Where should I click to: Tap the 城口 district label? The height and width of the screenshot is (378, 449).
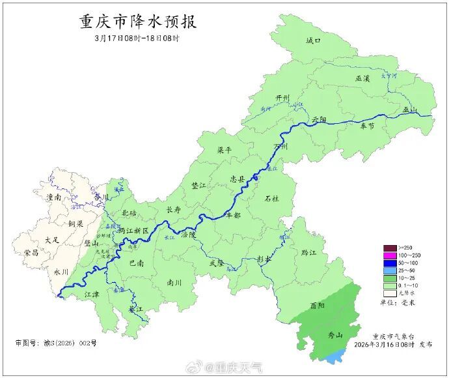coord(314,40)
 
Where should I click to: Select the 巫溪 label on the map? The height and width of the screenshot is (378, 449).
coord(362,78)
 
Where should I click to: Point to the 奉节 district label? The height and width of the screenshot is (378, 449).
coord(367,126)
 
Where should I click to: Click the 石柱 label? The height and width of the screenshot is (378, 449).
coord(272,198)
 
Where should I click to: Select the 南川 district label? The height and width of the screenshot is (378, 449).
coord(174,283)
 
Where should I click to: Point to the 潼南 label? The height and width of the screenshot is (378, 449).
coord(49,196)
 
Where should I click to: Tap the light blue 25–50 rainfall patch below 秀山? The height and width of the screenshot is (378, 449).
coord(334,357)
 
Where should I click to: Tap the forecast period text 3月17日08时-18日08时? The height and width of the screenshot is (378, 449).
coord(137,38)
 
